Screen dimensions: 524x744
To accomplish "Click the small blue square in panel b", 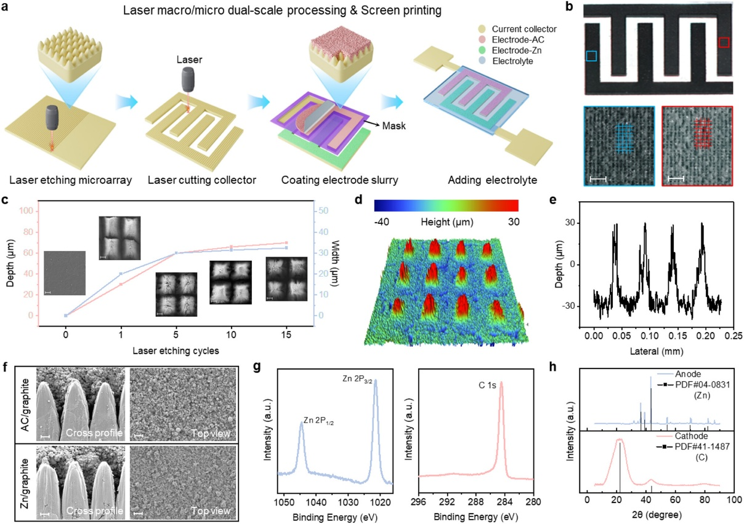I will pos(591,57).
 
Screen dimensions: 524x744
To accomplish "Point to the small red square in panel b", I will pos(724,42).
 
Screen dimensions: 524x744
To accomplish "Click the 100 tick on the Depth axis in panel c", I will pos(25,211).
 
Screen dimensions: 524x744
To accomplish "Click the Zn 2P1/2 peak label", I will pos(320,424).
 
